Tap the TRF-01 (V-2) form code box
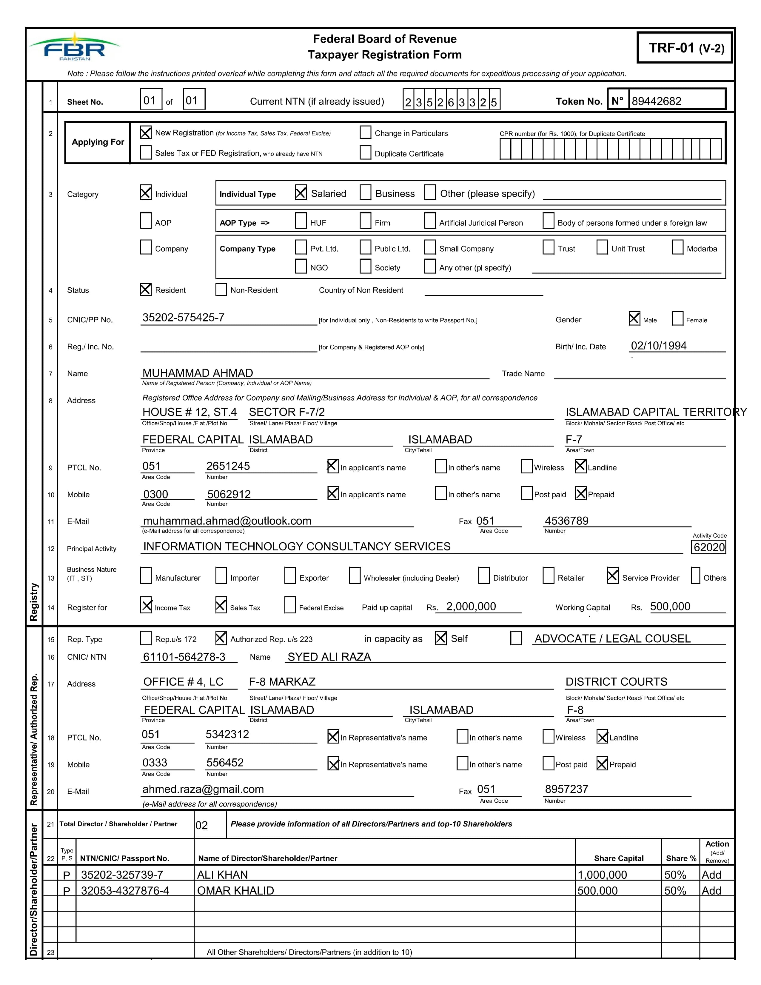pyautogui.click(x=684, y=48)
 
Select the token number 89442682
pyautogui.click(x=657, y=101)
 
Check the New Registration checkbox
pyautogui.click(x=146, y=133)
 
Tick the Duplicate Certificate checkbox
pyautogui.click(x=365, y=153)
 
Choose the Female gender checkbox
pyautogui.click(x=677, y=318)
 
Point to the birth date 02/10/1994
pyautogui.click(x=658, y=346)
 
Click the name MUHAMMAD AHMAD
pyautogui.click(x=198, y=373)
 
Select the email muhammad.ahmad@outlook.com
pyautogui.click(x=227, y=521)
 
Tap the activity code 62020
pyautogui.click(x=709, y=547)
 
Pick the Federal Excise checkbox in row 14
pyautogui.click(x=290, y=605)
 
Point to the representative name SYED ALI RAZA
pyautogui.click(x=329, y=657)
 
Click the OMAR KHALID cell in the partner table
pyautogui.click(x=235, y=891)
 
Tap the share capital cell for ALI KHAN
pyautogui.click(x=602, y=875)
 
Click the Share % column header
pyautogui.click(x=681, y=858)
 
